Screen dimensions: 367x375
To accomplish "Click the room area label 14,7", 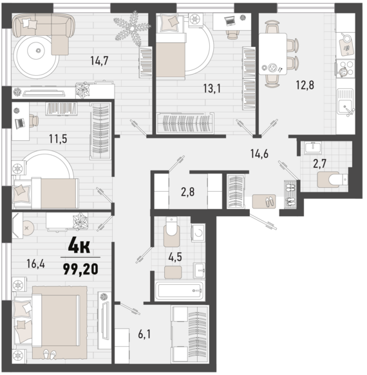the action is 99,60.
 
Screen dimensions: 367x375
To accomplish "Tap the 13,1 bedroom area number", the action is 212,89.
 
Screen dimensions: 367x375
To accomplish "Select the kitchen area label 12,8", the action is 305,85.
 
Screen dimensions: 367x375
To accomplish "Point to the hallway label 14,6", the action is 259,153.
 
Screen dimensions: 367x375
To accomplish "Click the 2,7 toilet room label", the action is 320,163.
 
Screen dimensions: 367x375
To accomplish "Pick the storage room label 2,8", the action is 188,192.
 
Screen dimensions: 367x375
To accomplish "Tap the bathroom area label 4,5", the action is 175,257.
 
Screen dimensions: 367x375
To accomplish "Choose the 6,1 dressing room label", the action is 144,334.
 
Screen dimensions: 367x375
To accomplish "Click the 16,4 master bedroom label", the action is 35,264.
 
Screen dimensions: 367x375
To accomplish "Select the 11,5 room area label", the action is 58,139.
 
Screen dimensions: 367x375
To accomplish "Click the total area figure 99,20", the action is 80,269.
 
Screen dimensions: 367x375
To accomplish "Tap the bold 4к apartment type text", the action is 79,246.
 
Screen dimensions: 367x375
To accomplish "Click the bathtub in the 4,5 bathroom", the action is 180,291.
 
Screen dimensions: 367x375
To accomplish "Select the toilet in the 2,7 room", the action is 332,178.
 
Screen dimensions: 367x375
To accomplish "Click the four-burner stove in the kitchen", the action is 345,69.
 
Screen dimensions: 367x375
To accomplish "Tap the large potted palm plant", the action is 132,28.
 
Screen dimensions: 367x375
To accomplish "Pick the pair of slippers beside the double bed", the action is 50,354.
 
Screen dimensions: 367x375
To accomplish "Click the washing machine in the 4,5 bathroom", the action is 198,233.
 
